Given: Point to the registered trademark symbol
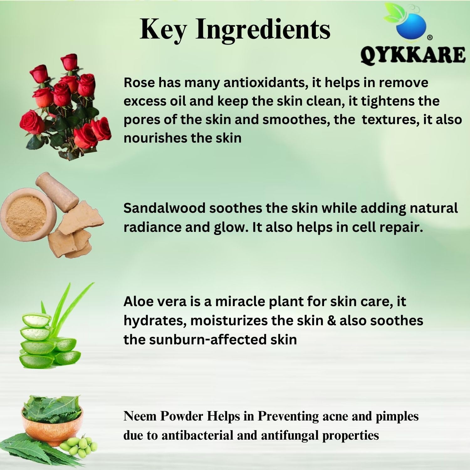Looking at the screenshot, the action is coord(430,37).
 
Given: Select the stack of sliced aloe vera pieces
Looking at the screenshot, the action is coord(47,342).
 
